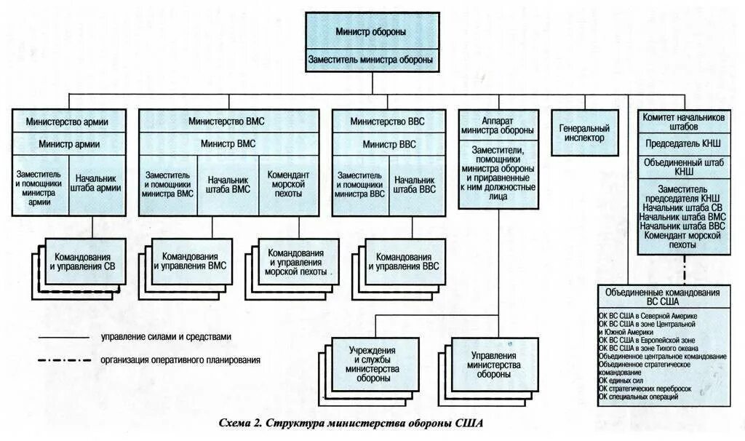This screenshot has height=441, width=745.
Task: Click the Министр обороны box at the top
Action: [x=371, y=32]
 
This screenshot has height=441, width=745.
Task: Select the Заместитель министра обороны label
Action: [x=371, y=60]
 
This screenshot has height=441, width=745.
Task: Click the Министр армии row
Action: [x=69, y=144]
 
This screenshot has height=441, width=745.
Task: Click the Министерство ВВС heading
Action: [x=387, y=122]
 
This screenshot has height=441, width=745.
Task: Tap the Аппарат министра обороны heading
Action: [x=498, y=124]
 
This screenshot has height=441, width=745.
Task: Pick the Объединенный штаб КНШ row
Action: [x=683, y=167]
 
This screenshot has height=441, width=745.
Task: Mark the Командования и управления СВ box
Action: [x=81, y=262]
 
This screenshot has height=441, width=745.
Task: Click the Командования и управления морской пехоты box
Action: [x=297, y=262]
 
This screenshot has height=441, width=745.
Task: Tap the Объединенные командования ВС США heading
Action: [x=663, y=296]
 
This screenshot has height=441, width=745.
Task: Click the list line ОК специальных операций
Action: [x=639, y=397]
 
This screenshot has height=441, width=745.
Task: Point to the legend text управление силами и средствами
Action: [x=167, y=337]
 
